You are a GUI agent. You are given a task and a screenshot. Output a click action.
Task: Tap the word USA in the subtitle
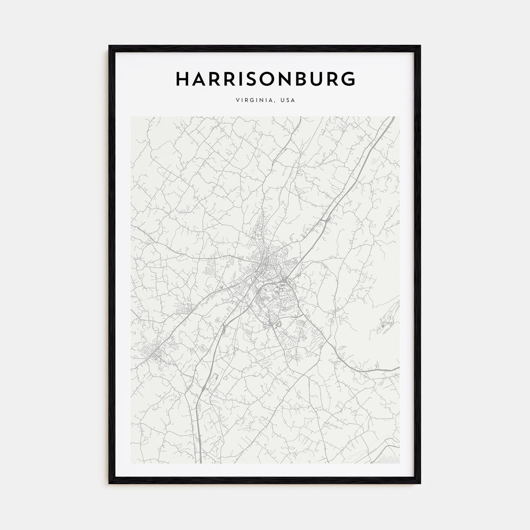288,100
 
